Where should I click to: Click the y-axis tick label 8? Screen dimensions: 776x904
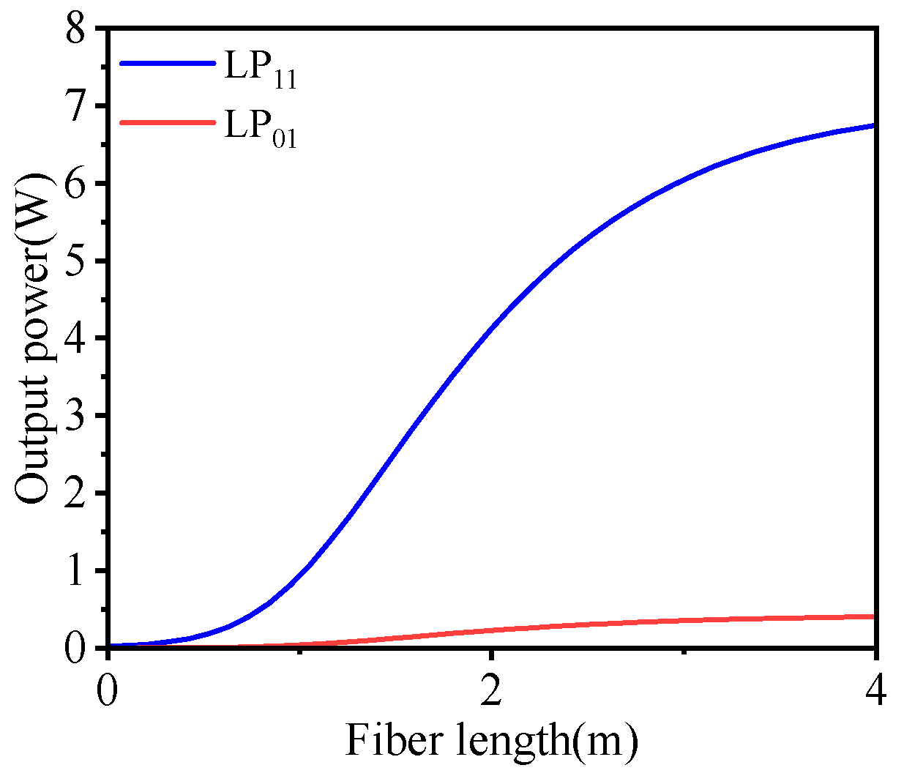pyautogui.click(x=79, y=30)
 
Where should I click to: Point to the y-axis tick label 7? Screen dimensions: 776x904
pyautogui.click(x=79, y=107)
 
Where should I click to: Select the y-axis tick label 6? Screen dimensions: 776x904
pyautogui.click(x=79, y=184)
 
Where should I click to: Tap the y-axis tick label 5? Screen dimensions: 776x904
pyautogui.click(x=79, y=261)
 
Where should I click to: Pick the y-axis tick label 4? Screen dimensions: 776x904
pyautogui.click(x=79, y=338)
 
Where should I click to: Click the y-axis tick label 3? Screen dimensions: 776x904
pyautogui.click(x=79, y=416)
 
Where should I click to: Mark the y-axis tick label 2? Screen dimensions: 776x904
pyautogui.click(x=79, y=493)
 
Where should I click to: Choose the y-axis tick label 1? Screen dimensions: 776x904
pyautogui.click(x=79, y=570)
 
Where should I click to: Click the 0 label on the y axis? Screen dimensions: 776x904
pyautogui.click(x=79, y=648)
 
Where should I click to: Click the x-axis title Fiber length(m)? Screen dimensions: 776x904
pyautogui.click(x=491, y=740)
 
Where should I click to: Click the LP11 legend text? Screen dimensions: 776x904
pyautogui.click(x=260, y=68)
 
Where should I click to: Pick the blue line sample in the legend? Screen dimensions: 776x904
pyautogui.click(x=167, y=63)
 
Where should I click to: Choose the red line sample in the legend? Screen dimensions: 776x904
pyautogui.click(x=167, y=122)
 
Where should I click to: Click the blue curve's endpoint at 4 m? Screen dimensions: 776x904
pyautogui.click(x=874, y=126)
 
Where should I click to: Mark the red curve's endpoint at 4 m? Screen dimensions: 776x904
pyautogui.click(x=874, y=616)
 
